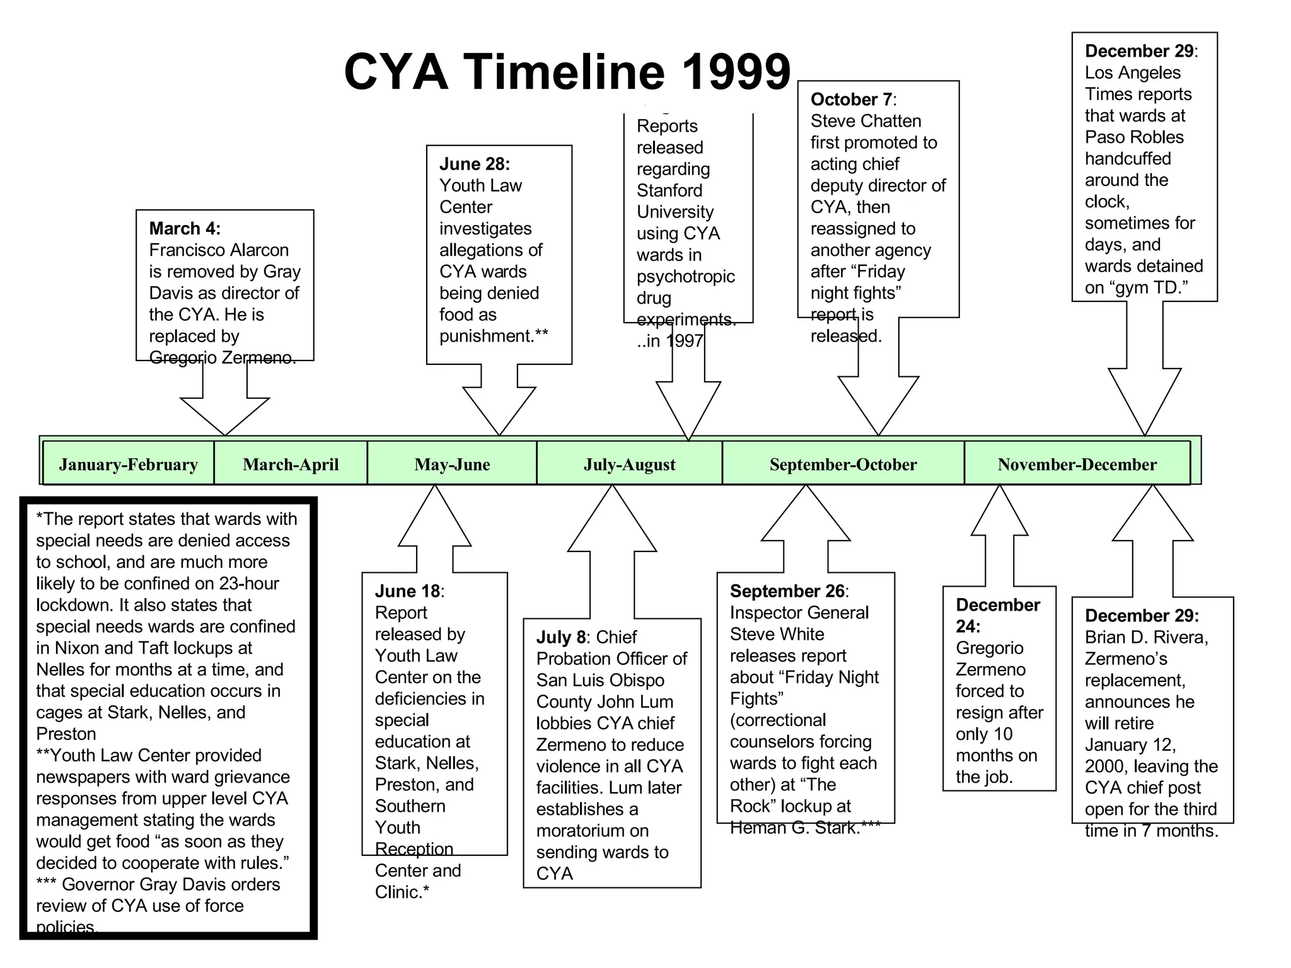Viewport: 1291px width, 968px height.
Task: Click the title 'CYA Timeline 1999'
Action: pyautogui.click(x=567, y=71)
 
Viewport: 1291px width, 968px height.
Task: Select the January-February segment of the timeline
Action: pyautogui.click(x=128, y=464)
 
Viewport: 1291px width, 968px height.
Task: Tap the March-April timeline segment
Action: pyautogui.click(x=291, y=464)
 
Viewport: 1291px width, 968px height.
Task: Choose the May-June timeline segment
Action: pyautogui.click(x=452, y=464)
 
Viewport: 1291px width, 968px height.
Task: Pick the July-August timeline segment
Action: pyautogui.click(x=629, y=464)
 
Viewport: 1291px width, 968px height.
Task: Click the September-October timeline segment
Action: pyautogui.click(x=843, y=464)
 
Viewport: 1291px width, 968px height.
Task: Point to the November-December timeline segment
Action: pyautogui.click(x=1077, y=464)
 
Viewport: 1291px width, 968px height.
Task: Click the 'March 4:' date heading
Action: pyautogui.click(x=185, y=228)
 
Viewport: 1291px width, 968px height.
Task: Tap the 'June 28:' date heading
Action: pyautogui.click(x=475, y=164)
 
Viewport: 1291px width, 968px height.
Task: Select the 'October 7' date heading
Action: pyautogui.click(x=852, y=100)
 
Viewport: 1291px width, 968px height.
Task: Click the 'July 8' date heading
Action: pyautogui.click(x=562, y=637)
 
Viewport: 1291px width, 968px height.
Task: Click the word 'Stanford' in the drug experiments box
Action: pyautogui.click(x=669, y=190)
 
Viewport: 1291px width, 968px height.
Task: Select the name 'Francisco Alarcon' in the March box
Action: pyautogui.click(x=219, y=250)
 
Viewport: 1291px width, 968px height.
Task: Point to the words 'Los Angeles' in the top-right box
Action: pyautogui.click(x=1132, y=72)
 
